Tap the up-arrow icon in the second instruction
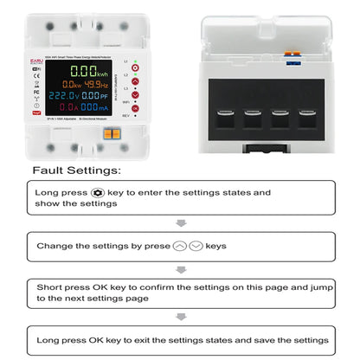pyautogui.click(x=179, y=246)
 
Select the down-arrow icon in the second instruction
pyautogui.click(x=196, y=246)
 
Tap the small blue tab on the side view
pyautogui.click(x=293, y=60)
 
